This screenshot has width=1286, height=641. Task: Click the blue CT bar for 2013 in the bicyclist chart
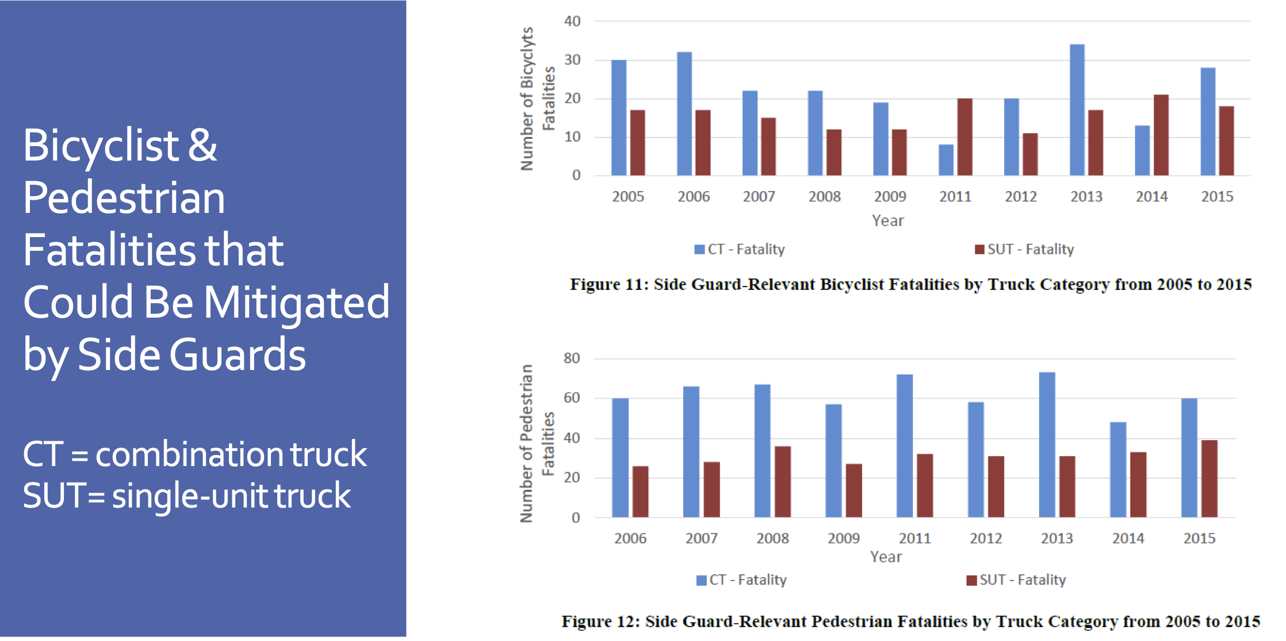click(x=1077, y=110)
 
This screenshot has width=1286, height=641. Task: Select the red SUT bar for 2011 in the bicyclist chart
click(x=965, y=137)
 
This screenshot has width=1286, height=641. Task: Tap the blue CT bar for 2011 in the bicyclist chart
click(x=946, y=160)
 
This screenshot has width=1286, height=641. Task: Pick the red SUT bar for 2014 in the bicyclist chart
click(x=1161, y=135)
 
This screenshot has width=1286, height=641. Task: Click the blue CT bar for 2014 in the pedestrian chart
click(x=1117, y=470)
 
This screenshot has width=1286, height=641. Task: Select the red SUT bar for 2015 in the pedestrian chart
click(x=1209, y=479)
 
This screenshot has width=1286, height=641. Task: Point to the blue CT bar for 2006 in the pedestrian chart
click(x=620, y=457)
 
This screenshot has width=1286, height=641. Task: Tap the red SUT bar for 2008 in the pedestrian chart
click(x=782, y=482)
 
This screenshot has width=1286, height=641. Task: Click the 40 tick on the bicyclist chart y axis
click(x=572, y=21)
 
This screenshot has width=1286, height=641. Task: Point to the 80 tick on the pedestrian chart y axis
click(x=572, y=358)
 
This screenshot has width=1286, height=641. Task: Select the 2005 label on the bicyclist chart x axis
click(x=627, y=197)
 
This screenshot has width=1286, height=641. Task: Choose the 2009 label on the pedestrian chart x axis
click(x=843, y=539)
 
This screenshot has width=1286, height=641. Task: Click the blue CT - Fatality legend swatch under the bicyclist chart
click(x=699, y=249)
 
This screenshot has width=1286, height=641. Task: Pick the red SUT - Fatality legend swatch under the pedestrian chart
click(x=971, y=580)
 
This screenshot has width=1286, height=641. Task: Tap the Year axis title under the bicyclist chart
click(x=887, y=221)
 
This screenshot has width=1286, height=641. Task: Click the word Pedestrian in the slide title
click(x=124, y=198)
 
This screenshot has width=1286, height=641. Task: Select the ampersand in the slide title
click(x=202, y=145)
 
